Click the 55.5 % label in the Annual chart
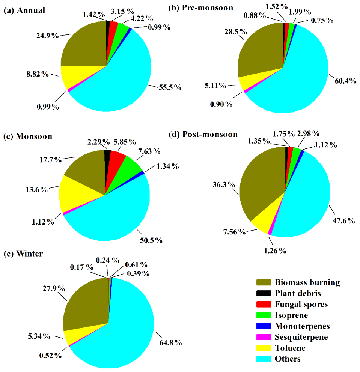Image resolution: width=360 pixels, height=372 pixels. tap(169, 87)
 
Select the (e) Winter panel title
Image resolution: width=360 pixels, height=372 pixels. tap(23, 254)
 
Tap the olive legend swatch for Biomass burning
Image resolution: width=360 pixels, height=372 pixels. tap(264, 282)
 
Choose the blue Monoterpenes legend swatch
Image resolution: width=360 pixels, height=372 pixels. tap(264, 326)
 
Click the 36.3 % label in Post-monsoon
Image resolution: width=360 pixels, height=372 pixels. tap(224, 185)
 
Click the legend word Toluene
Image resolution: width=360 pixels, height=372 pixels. tap(290, 348)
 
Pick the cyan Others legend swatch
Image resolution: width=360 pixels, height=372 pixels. tap(264, 358)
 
